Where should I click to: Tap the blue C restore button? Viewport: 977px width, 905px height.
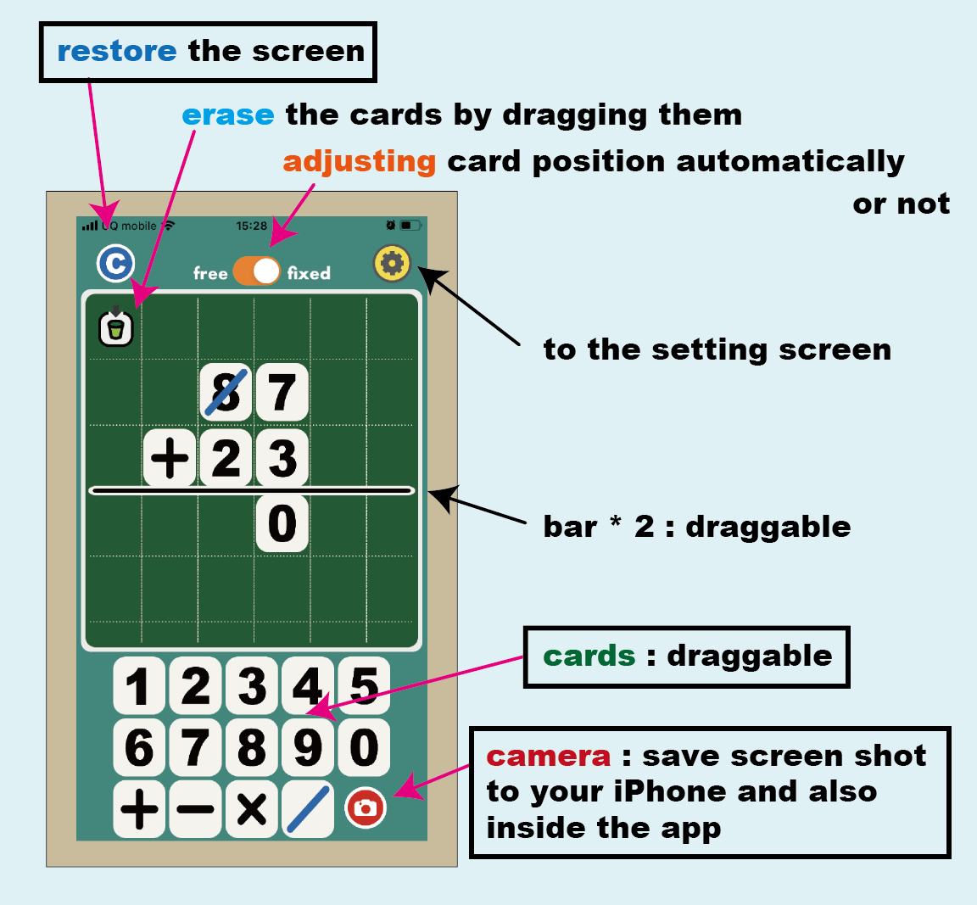point(115,263)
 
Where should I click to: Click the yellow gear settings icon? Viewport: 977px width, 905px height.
point(392,264)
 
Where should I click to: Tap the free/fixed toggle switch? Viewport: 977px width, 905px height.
point(256,271)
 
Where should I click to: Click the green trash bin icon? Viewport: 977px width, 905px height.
point(116,327)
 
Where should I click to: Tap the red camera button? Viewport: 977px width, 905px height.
point(366,807)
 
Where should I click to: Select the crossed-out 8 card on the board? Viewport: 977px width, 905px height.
point(226,392)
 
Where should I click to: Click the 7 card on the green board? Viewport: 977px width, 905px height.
point(282,392)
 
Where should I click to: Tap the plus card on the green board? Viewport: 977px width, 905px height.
point(170,458)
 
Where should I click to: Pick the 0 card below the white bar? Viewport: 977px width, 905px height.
point(282,523)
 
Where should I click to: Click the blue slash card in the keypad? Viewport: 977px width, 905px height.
point(308,809)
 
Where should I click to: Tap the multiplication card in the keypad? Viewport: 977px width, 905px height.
point(252,809)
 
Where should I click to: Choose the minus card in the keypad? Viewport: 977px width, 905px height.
point(196,809)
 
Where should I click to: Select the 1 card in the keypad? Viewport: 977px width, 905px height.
point(140,685)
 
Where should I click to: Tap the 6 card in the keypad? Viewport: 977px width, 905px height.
point(140,747)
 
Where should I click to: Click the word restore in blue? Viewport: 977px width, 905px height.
point(116,51)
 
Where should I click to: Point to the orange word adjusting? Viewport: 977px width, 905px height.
point(359,160)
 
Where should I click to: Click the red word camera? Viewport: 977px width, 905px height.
point(548,756)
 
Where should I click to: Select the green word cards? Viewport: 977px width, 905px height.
point(589,656)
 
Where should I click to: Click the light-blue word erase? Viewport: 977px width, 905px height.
point(228,115)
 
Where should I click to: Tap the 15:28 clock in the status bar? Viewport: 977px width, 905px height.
point(251,226)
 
